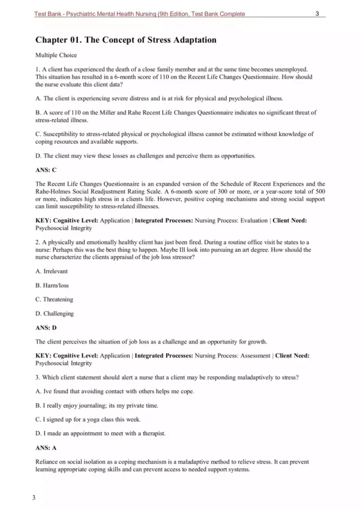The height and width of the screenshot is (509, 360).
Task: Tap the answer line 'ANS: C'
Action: click(x=46, y=170)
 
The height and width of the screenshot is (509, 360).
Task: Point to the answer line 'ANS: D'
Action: click(x=46, y=328)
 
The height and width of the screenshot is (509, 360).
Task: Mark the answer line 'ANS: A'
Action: click(x=46, y=447)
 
